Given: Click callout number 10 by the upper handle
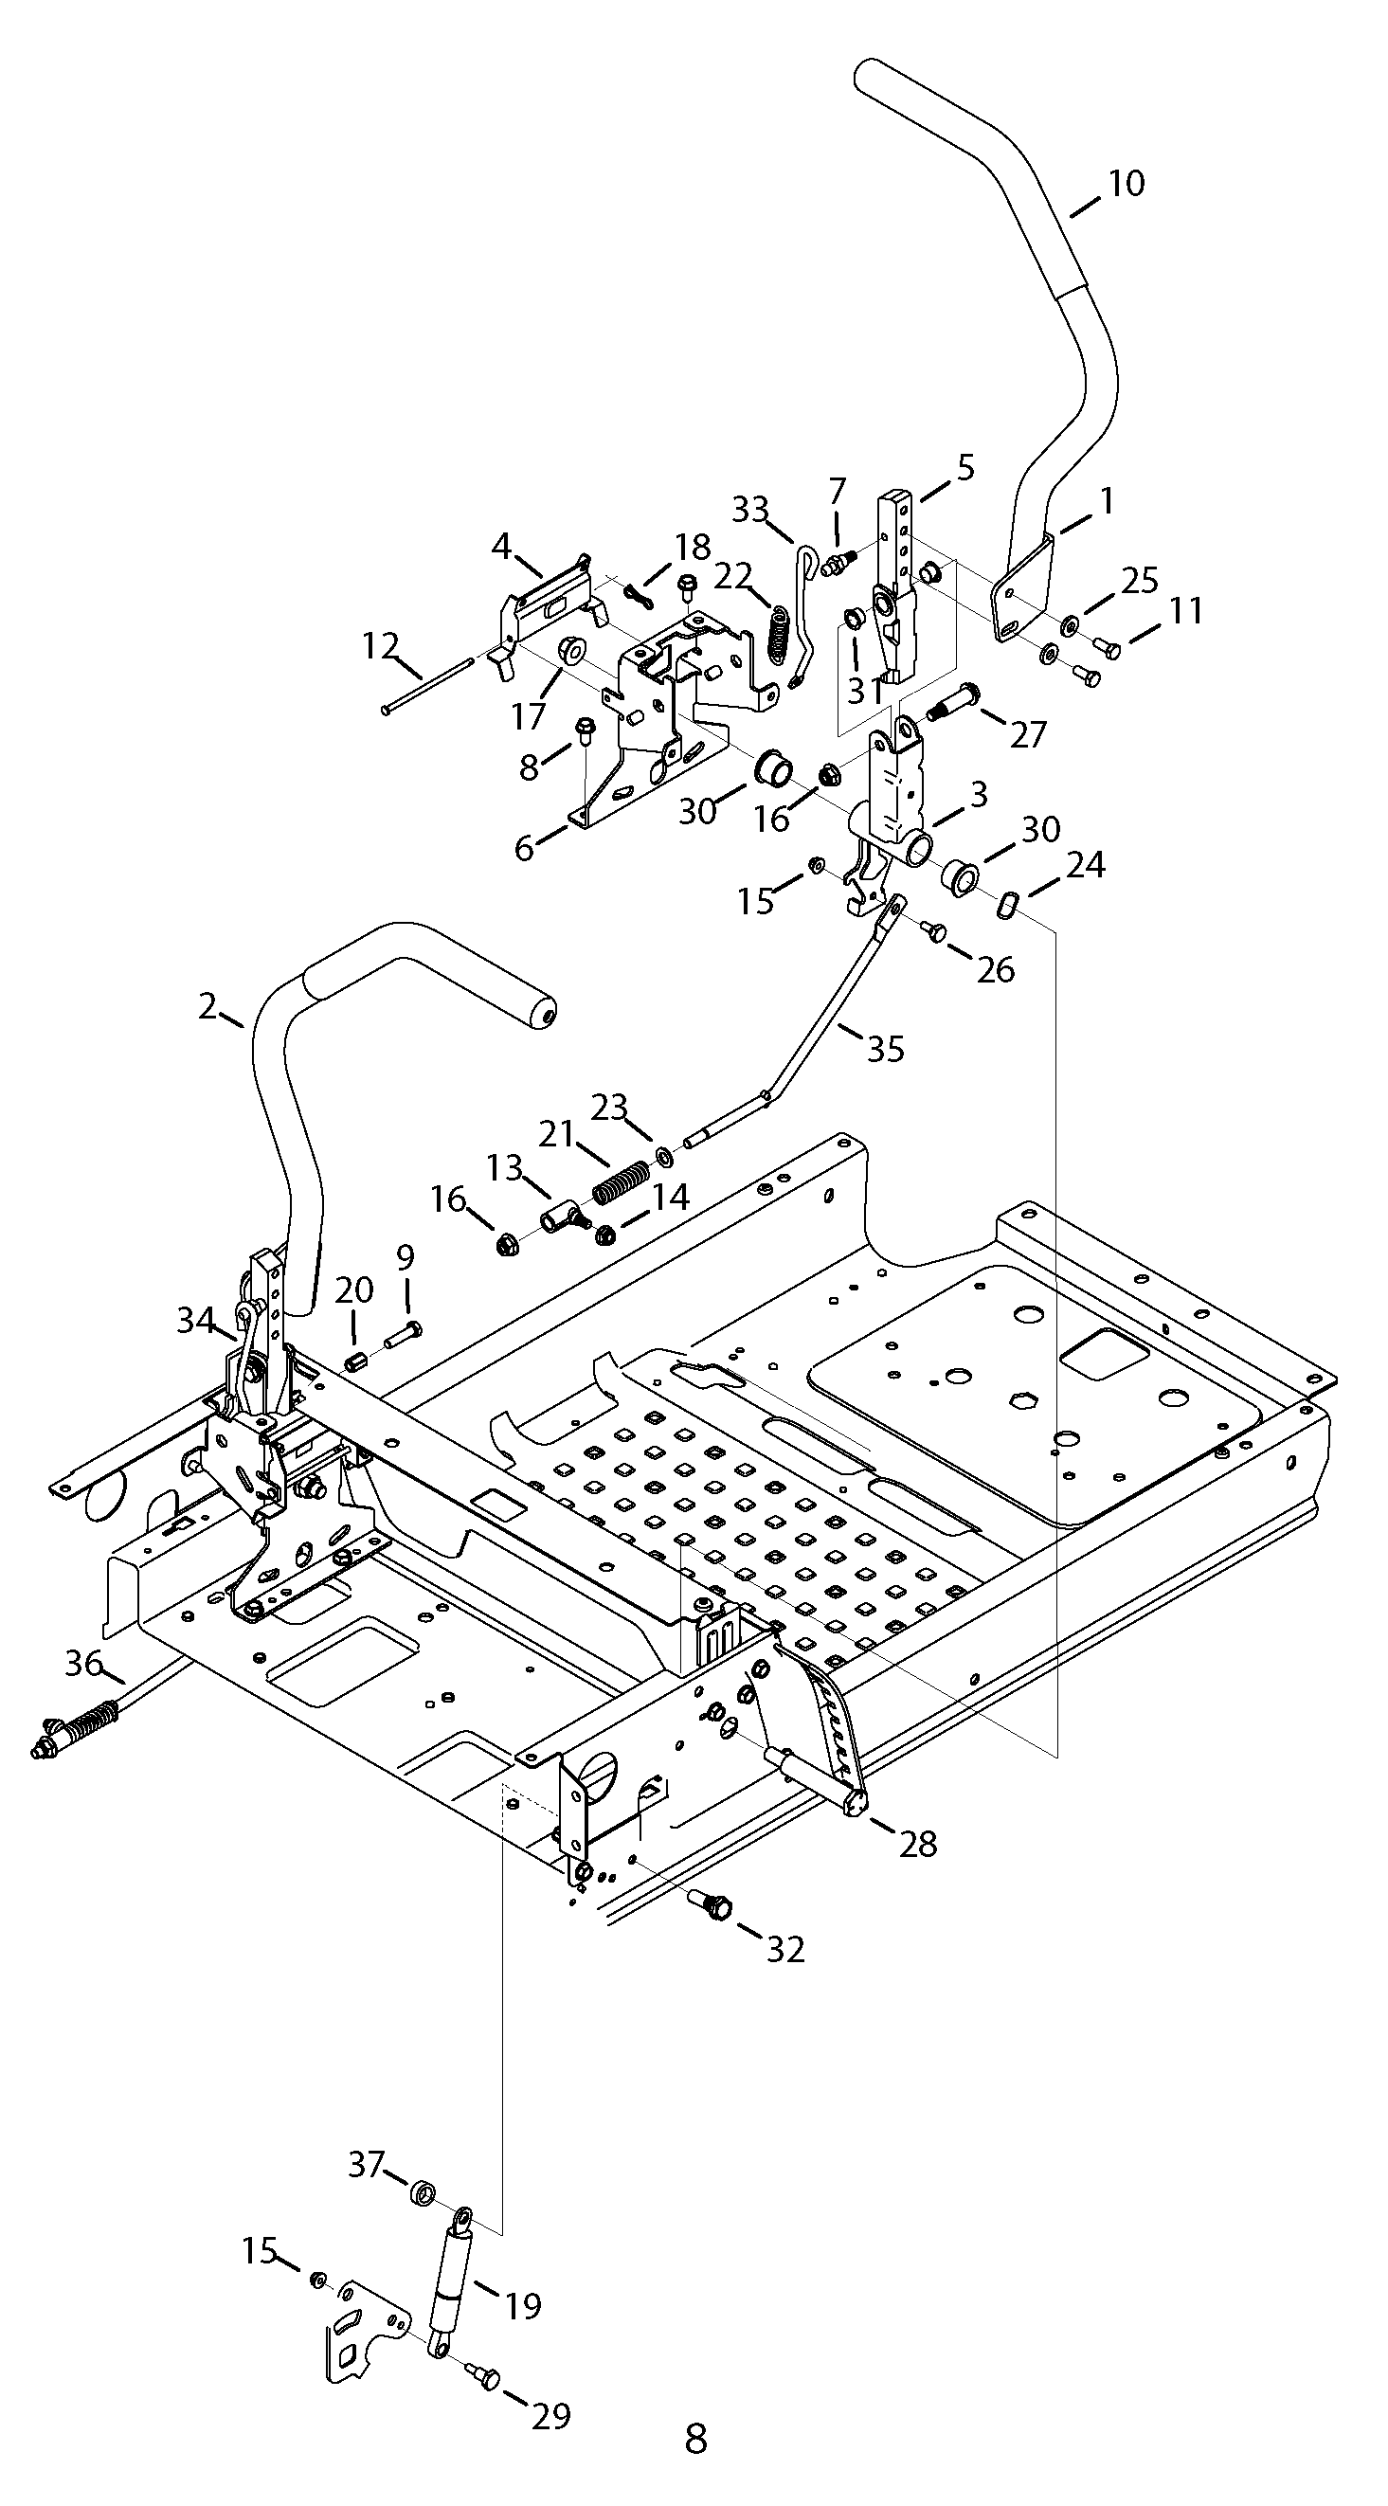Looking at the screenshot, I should click(1127, 183).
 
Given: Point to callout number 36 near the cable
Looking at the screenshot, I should click(83, 1664).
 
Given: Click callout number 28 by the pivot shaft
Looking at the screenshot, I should click(918, 1843).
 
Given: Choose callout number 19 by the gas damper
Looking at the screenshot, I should click(523, 2304).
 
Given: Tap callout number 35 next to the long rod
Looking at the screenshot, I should click(885, 1049).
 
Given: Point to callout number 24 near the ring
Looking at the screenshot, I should click(1086, 864).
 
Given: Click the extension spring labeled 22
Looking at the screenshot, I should click(779, 635).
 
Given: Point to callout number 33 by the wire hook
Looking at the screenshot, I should click(750, 510).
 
